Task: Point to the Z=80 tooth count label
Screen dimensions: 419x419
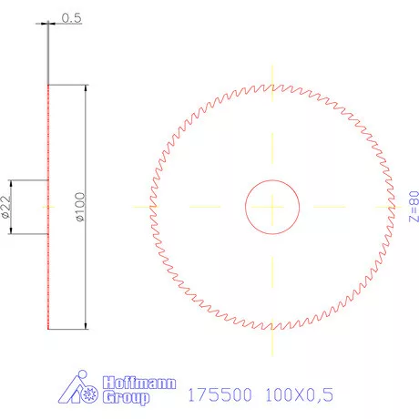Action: point(412,208)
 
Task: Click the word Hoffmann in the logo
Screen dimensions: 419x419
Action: point(140,383)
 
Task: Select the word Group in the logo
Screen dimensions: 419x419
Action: point(128,398)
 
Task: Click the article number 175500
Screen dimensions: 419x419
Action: point(216,395)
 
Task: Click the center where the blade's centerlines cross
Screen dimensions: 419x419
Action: point(272,207)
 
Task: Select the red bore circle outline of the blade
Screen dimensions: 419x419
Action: point(245,207)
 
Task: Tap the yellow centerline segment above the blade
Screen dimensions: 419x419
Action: point(272,73)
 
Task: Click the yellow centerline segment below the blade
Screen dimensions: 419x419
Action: point(272,342)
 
